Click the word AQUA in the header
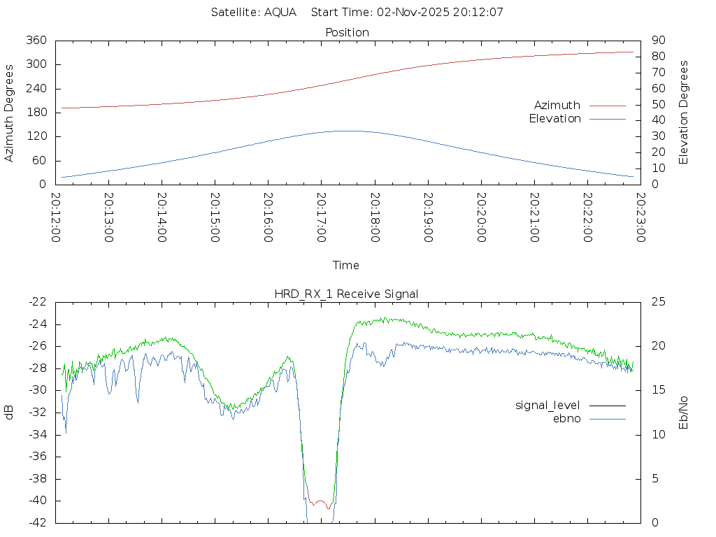280,12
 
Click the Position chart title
347,32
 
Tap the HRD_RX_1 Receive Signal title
346,294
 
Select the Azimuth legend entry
557,105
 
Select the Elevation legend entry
554,119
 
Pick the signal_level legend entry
547,405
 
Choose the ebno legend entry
566,419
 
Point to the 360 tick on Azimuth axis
36,41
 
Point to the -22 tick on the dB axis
36,301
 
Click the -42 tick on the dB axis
36,522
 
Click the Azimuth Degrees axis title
10,113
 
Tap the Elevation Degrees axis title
685,113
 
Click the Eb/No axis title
685,412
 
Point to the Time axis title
346,265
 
